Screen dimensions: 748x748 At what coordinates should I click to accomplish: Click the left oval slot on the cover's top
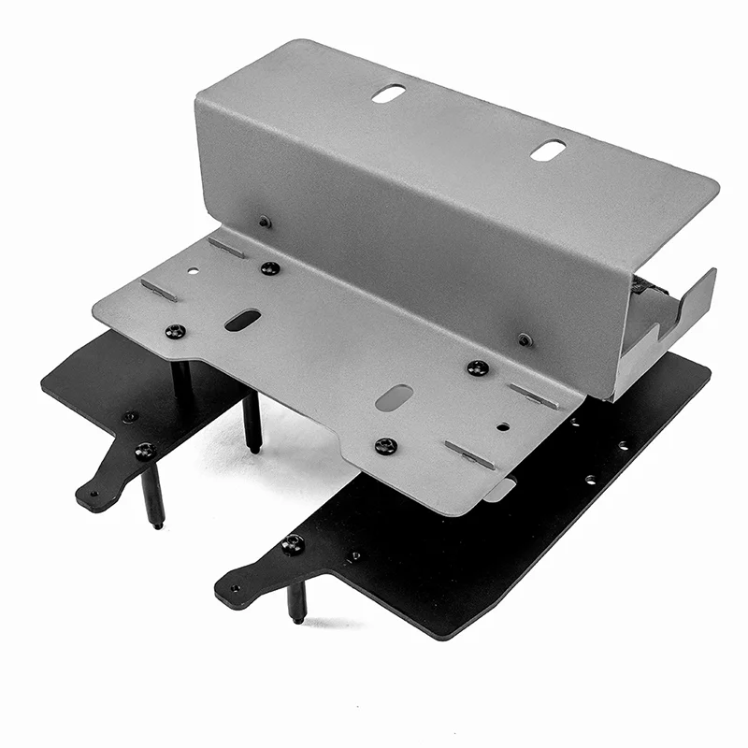[x=388, y=93]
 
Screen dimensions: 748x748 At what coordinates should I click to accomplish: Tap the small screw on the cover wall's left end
[x=265, y=222]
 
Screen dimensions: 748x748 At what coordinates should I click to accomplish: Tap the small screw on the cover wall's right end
[x=525, y=338]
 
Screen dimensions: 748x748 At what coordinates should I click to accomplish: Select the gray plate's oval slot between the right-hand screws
[x=394, y=396]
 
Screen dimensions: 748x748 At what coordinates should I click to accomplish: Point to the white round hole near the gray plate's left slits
[x=193, y=271]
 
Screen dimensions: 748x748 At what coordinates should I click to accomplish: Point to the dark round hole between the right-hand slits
[x=503, y=426]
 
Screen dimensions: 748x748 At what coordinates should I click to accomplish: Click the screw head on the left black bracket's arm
[x=144, y=451]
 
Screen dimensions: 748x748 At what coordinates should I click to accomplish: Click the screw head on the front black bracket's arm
[x=293, y=544]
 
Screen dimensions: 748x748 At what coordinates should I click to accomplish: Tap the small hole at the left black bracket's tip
[x=92, y=490]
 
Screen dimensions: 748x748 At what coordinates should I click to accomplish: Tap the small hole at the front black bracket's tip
[x=234, y=589]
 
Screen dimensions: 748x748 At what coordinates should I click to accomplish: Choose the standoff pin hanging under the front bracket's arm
[x=296, y=602]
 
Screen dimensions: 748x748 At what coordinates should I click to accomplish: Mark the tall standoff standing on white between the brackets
[x=252, y=422]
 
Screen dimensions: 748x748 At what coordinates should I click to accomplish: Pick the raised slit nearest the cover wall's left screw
[x=227, y=248]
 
